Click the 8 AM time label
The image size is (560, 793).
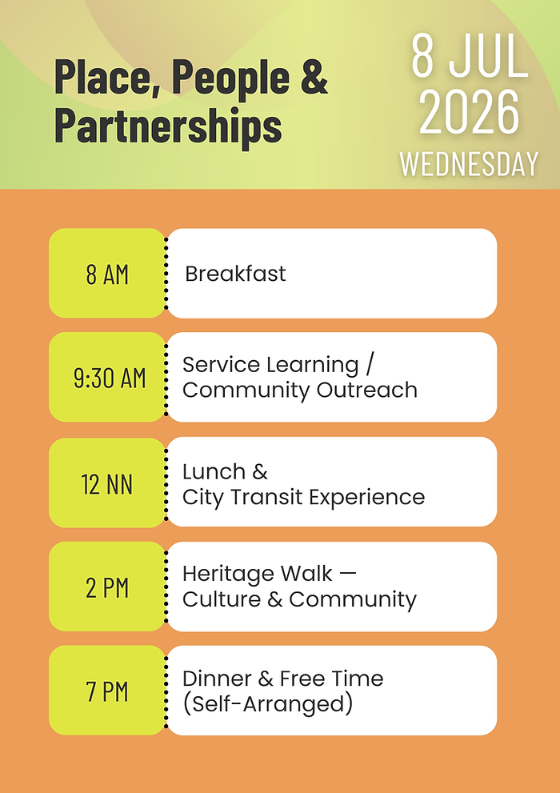pyautogui.click(x=107, y=274)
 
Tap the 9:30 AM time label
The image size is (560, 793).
pyautogui.click(x=110, y=378)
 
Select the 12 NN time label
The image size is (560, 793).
pyautogui.click(x=107, y=483)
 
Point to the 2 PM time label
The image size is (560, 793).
pyautogui.click(x=107, y=587)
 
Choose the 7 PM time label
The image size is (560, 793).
pyautogui.click(x=107, y=691)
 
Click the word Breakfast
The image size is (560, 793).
pyautogui.click(x=235, y=274)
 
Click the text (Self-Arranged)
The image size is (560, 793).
pyautogui.click(x=268, y=704)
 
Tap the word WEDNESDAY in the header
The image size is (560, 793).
pyautogui.click(x=469, y=163)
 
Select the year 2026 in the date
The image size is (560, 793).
pyautogui.click(x=470, y=112)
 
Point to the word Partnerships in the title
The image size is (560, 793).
pyautogui.click(x=168, y=126)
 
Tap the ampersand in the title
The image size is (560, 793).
pyautogui.click(x=316, y=78)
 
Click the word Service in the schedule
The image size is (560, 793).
pyautogui.click(x=221, y=365)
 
